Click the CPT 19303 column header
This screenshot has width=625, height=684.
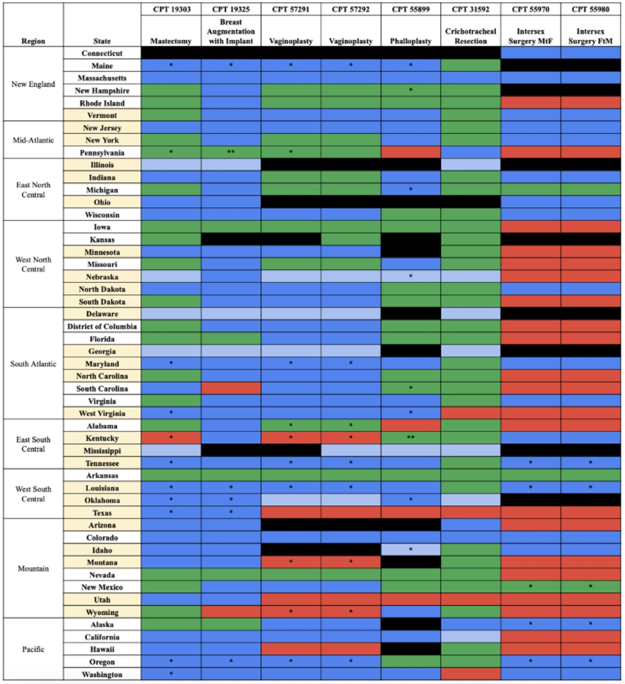pos(171,9)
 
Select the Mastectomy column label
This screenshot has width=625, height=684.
pos(171,41)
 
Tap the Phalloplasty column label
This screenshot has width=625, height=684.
pos(411,41)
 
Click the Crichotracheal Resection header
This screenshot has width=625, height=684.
pos(470,36)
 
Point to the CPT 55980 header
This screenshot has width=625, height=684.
pos(590,9)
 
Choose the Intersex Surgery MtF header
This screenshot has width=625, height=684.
pos(531,36)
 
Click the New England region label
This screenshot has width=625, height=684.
pos(33,84)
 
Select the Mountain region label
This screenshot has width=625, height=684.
pos(33,568)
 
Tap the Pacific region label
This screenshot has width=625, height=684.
pos(33,649)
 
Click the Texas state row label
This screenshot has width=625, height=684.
pos(102,513)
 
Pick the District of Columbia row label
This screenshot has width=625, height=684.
pos(102,326)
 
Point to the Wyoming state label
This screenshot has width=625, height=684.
pos(102,612)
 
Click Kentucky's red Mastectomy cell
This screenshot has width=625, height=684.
pos(171,438)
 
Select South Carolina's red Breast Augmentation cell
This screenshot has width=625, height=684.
pos(231,389)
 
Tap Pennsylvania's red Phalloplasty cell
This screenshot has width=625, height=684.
pos(411,152)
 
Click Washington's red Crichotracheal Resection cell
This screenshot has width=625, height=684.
pos(470,674)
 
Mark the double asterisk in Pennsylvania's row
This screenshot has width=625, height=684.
pos(231,152)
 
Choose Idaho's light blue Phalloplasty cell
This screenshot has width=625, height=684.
pos(411,550)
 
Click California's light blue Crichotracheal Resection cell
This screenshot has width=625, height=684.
pos(470,637)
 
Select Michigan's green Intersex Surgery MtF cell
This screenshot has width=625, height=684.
pos(531,190)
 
